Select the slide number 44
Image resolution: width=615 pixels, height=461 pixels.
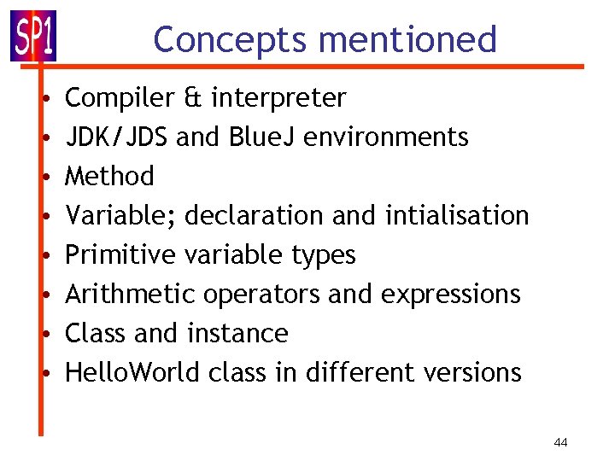click(561, 442)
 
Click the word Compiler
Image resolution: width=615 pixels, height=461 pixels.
click(120, 98)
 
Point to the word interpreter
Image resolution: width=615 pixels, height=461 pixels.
click(278, 98)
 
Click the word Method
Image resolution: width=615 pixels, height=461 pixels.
click(110, 177)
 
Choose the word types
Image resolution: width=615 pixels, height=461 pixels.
click(323, 255)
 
